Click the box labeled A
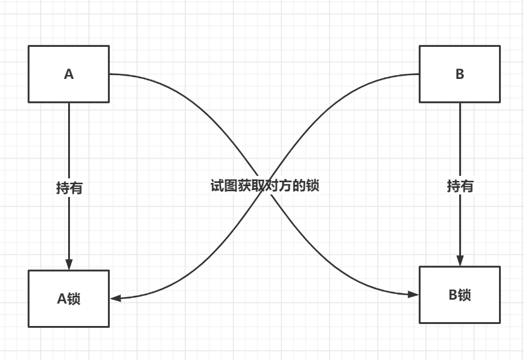[69, 74]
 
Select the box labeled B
[460, 74]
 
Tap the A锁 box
[69, 298]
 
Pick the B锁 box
[460, 295]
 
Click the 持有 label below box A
[69, 188]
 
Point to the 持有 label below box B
[460, 186]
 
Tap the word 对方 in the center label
[276, 186]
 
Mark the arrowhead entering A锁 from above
[69, 264]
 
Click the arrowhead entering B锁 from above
[460, 261]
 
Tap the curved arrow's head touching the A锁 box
[116, 298]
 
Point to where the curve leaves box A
[110, 74]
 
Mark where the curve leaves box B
[419, 74]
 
